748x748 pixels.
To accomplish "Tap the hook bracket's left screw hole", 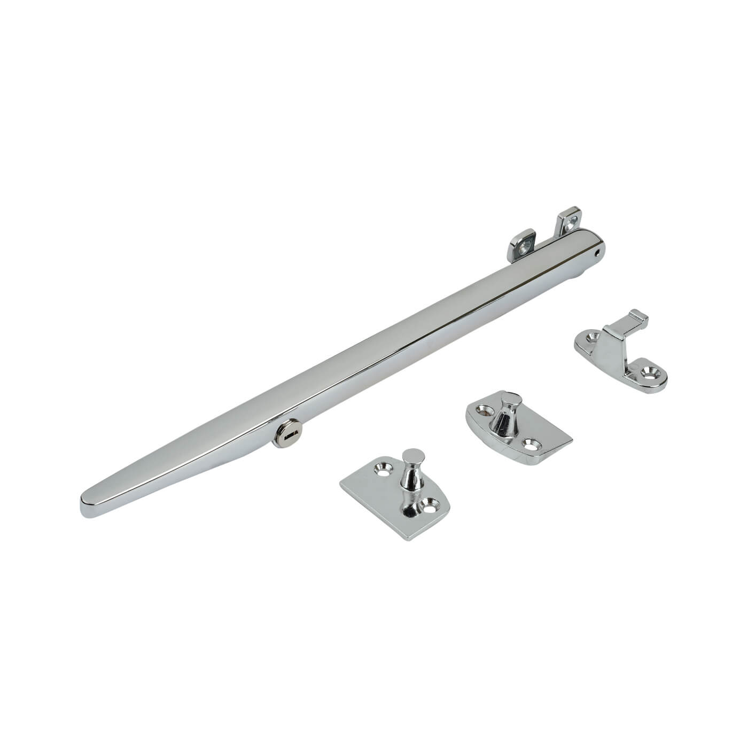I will pos(591,337).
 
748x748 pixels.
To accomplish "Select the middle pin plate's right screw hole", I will pos(531,442).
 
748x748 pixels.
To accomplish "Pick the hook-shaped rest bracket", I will pos(620,353).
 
